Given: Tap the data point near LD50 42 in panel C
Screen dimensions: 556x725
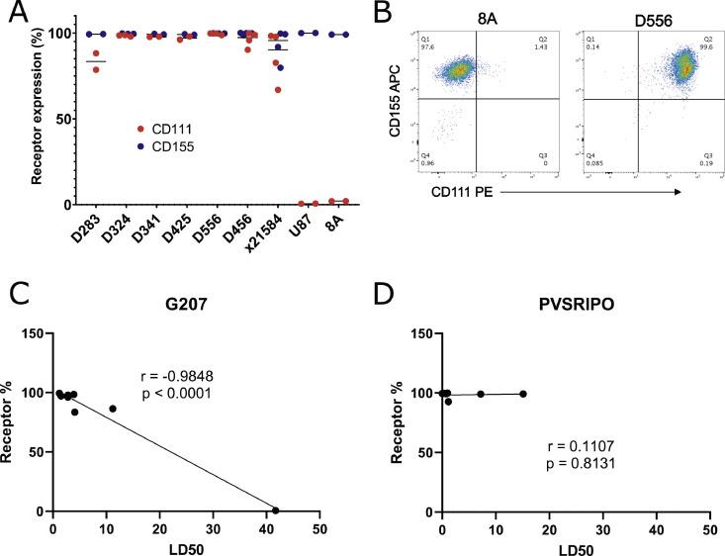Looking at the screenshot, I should (x=276, y=510).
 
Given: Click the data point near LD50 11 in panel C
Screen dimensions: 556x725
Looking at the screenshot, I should (x=113, y=409).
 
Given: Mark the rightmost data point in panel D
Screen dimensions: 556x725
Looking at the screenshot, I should (x=523, y=394).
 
